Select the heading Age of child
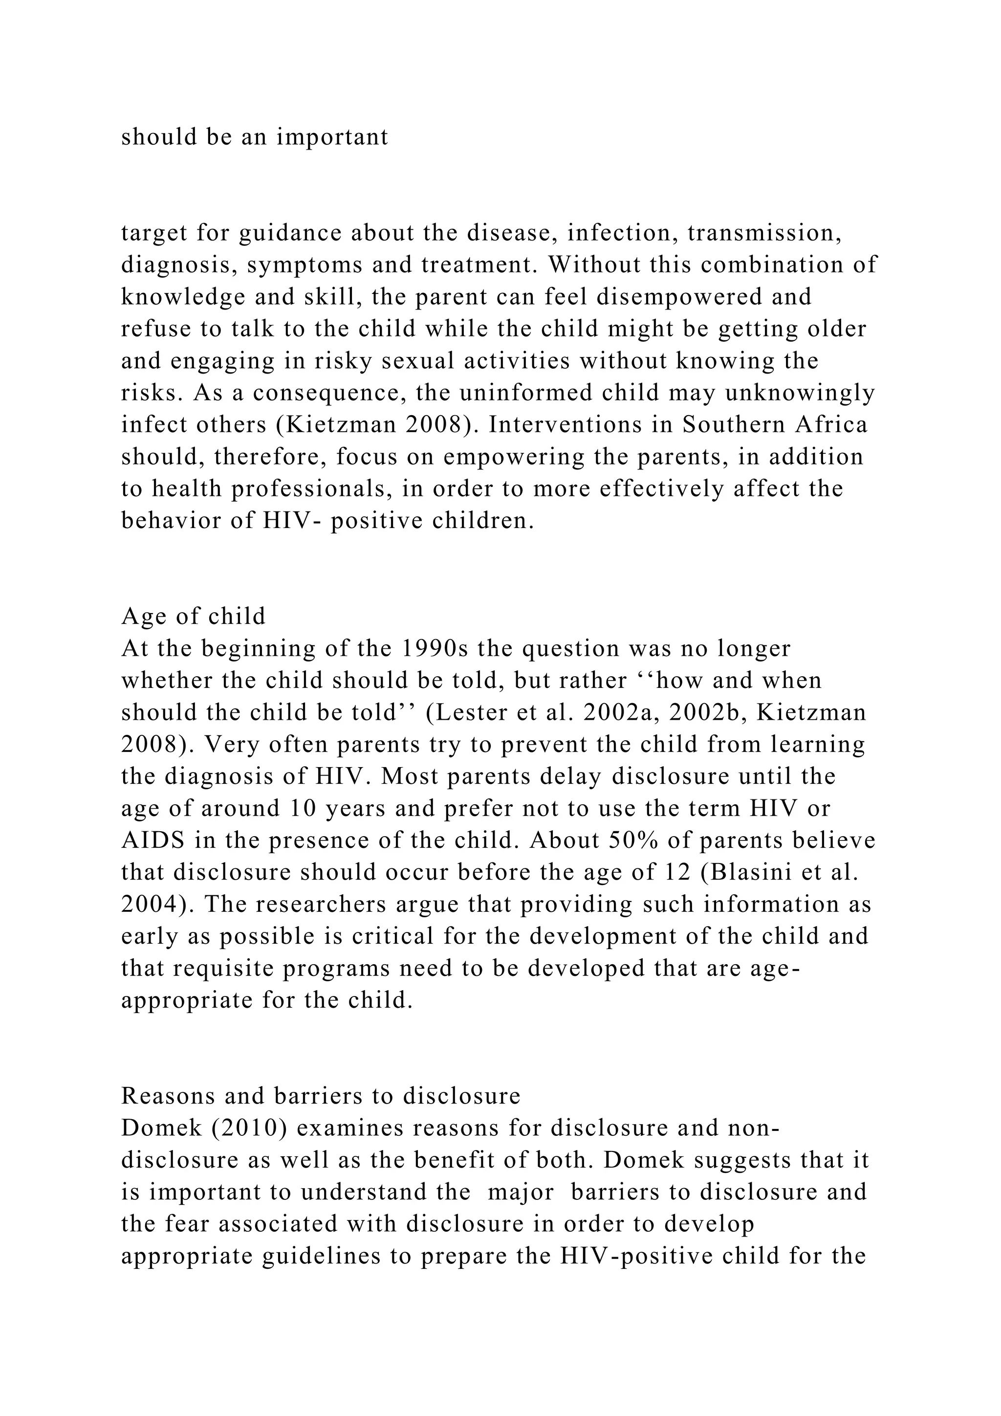pyautogui.click(x=194, y=616)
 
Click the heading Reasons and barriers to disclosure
pyautogui.click(x=321, y=1096)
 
